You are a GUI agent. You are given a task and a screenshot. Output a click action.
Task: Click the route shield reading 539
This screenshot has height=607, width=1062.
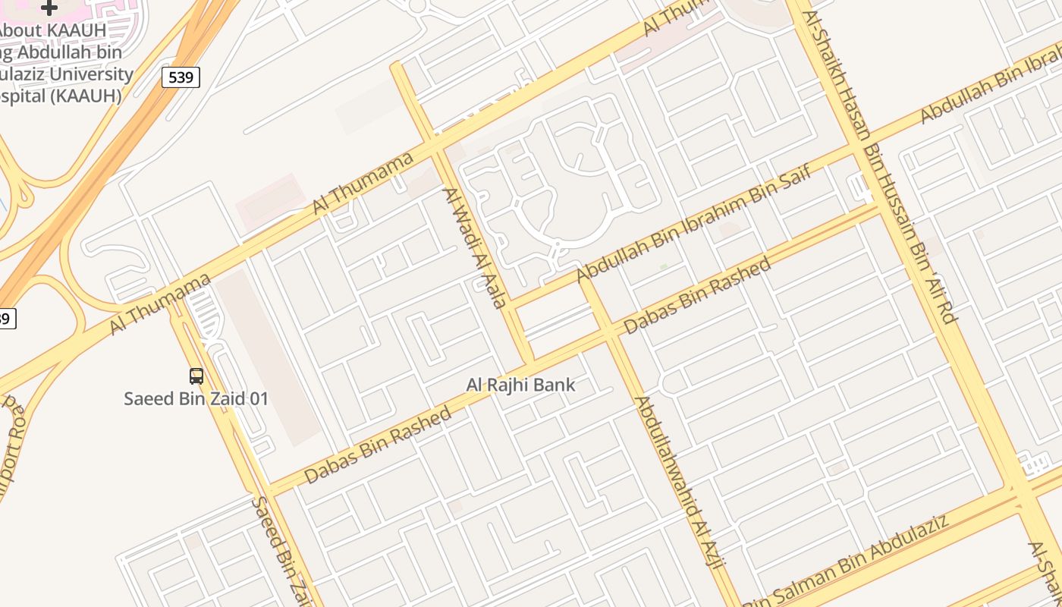coord(181,77)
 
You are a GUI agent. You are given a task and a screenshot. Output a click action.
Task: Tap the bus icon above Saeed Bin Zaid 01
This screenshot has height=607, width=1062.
coord(196,376)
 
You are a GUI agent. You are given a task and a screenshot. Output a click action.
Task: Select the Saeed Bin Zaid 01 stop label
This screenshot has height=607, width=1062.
coord(196,398)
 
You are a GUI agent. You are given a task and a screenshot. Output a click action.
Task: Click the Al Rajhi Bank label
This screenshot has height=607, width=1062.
coord(520,385)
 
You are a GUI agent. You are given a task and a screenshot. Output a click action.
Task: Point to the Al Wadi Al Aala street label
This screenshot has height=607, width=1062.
coord(474,247)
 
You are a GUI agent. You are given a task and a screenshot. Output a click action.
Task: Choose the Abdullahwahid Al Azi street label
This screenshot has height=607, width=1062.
coord(680,482)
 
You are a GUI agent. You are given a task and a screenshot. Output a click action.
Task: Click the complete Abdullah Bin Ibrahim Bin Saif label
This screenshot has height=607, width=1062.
coord(694,223)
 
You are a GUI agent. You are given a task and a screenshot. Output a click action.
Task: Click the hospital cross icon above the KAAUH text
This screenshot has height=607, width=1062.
coord(49,8)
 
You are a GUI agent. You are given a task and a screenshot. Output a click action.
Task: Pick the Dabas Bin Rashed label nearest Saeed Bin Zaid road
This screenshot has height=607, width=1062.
coord(378,445)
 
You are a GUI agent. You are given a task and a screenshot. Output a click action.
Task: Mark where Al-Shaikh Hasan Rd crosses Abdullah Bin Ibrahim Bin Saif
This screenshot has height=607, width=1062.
coord(862,149)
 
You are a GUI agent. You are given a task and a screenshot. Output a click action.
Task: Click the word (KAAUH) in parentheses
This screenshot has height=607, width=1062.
coord(84,96)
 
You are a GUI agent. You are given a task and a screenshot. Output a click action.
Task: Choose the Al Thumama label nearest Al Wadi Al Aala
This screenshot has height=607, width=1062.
coord(364,182)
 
